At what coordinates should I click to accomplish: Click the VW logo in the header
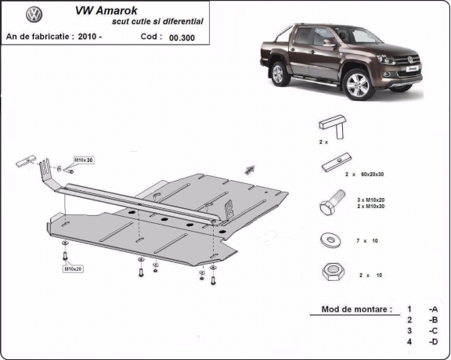tap(34, 15)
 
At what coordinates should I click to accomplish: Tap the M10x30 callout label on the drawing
tap(83, 160)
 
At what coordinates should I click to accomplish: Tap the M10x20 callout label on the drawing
tap(74, 269)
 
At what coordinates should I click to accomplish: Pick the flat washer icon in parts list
tap(329, 239)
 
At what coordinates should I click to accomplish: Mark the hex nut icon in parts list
tap(329, 272)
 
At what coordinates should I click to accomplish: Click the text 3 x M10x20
tap(373, 201)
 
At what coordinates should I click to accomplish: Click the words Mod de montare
tap(356, 309)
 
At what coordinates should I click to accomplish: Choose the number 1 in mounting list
tap(409, 309)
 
